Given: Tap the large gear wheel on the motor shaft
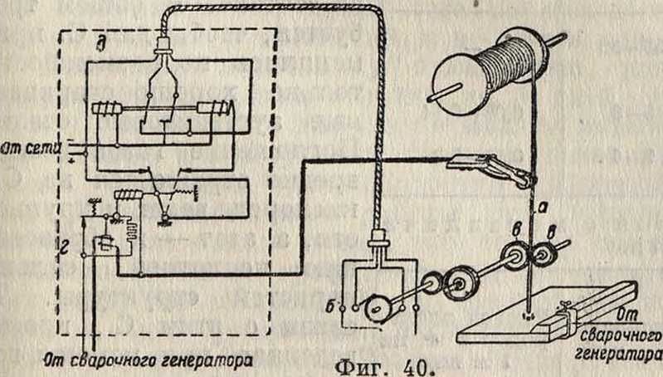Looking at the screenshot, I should (x=457, y=283).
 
